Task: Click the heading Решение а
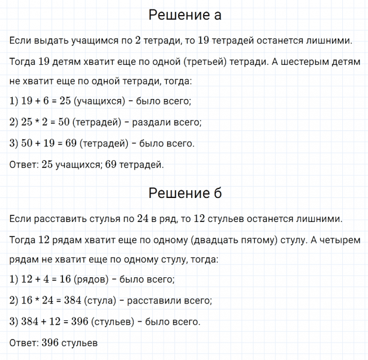coord(185,15)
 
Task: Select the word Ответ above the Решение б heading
coord(23,164)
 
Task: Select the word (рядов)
coord(92,280)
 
